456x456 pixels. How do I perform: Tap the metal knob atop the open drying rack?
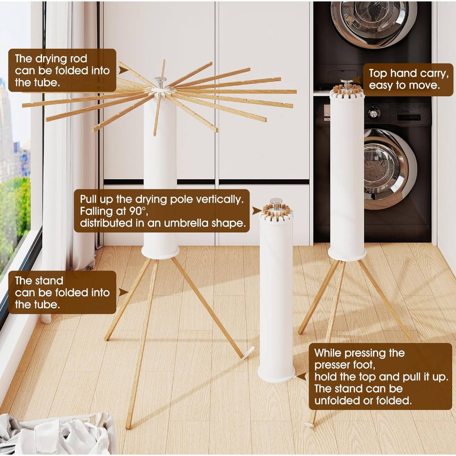[160, 83]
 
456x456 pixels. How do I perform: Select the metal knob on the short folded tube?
[276, 204]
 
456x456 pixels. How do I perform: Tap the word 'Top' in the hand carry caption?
[378, 74]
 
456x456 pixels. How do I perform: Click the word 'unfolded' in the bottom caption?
[337, 400]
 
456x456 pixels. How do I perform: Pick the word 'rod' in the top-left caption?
[78, 59]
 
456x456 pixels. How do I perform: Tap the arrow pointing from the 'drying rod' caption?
[124, 70]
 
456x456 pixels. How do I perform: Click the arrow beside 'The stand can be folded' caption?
[124, 293]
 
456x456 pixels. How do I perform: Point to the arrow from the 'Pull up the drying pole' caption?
[257, 211]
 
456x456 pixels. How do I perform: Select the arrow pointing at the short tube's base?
[301, 376]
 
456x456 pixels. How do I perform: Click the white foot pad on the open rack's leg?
[248, 353]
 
